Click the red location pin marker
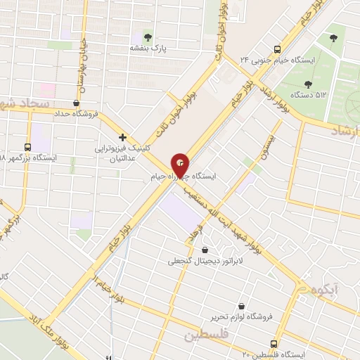click(181, 165)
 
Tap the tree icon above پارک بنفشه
click(148, 37)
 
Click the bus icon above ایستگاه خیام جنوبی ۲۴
click(278, 49)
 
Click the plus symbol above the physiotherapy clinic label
click(122, 137)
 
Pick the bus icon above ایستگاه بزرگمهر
click(27, 147)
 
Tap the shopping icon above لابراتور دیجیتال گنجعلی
click(205, 250)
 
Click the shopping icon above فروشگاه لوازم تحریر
click(243, 307)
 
